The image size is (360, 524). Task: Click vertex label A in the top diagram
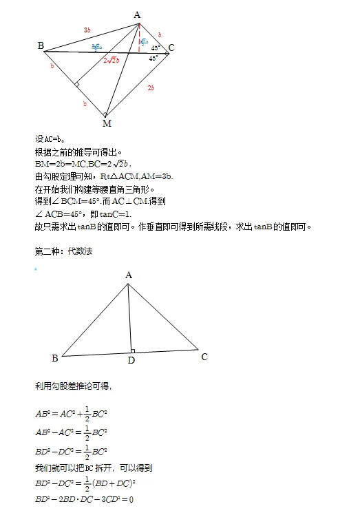(x=138, y=14)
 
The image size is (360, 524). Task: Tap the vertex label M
(x=107, y=123)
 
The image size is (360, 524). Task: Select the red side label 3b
(x=87, y=30)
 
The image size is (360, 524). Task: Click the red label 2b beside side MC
(x=150, y=88)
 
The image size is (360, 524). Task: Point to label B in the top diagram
(x=41, y=46)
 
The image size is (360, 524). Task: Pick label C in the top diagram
(x=171, y=48)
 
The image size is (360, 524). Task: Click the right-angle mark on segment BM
(x=78, y=85)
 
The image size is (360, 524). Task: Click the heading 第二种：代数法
(x=63, y=251)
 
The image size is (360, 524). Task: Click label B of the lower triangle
(x=54, y=358)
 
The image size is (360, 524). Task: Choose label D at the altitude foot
(x=131, y=360)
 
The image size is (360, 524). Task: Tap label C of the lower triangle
(x=204, y=357)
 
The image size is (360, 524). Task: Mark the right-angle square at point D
(x=133, y=351)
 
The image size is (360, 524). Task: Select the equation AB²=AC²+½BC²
(x=73, y=413)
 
